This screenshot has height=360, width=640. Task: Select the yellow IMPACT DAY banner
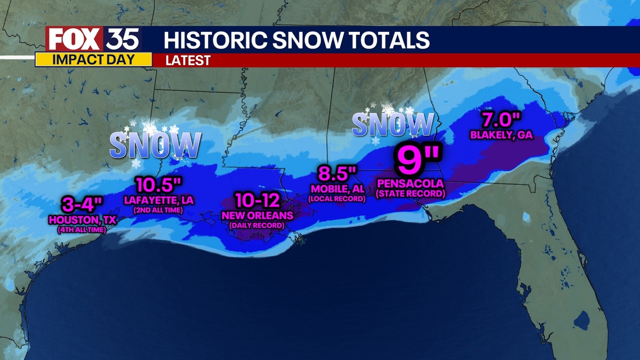[x=93, y=59]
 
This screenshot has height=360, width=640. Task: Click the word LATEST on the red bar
[x=188, y=60]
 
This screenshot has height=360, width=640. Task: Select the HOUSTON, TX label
[x=82, y=219]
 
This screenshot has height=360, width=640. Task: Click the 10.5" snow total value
[x=158, y=185]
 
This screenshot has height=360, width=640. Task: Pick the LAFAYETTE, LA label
[x=158, y=200]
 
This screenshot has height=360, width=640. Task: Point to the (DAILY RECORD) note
[x=256, y=225]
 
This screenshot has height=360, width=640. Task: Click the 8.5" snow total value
[x=337, y=175]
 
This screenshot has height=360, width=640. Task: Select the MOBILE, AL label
[x=337, y=189]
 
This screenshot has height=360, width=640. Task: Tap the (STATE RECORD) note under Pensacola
[x=410, y=193]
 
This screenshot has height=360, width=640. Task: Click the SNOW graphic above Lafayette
[x=155, y=145]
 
